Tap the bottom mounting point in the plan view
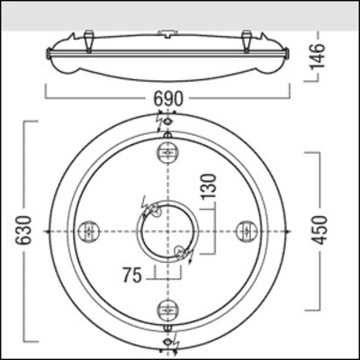coord(168,311)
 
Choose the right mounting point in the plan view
coord(247,231)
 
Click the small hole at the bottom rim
coord(168,331)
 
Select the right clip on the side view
coord(247,40)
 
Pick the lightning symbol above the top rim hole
coord(168,118)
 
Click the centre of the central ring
coord(168,231)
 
